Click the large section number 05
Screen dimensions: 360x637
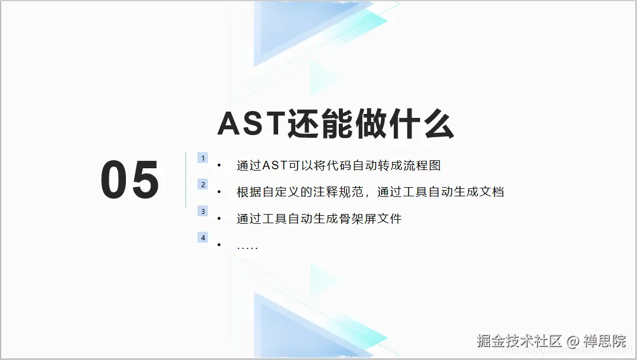point(130,180)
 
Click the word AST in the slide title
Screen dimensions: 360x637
point(251,124)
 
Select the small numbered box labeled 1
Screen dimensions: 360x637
point(203,158)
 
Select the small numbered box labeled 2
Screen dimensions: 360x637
point(203,184)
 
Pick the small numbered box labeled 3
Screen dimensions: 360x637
point(203,211)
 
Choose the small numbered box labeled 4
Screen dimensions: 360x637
point(203,238)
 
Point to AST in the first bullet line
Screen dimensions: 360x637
point(275,166)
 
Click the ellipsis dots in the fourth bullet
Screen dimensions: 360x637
point(247,247)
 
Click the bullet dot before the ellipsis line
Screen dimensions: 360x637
point(219,246)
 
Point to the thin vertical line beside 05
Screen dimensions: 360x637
point(186,180)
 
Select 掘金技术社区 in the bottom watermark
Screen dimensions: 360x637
point(520,342)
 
